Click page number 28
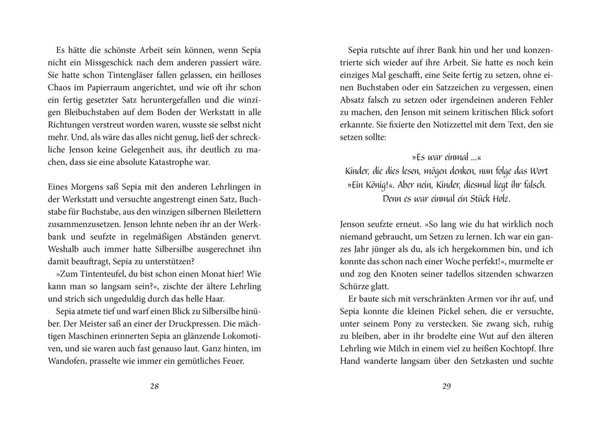tap(154, 387)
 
